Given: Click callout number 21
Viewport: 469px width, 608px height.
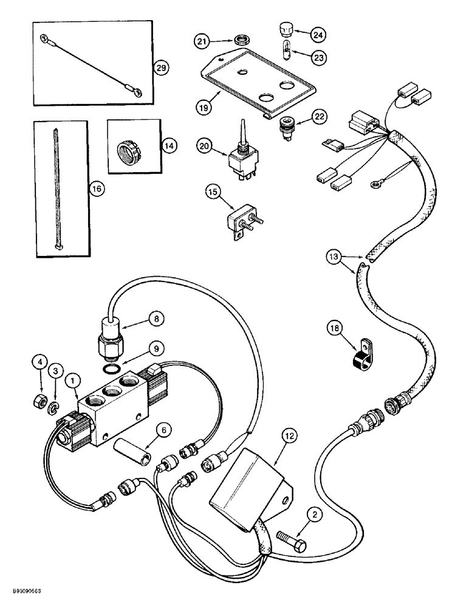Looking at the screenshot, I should (202, 41).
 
